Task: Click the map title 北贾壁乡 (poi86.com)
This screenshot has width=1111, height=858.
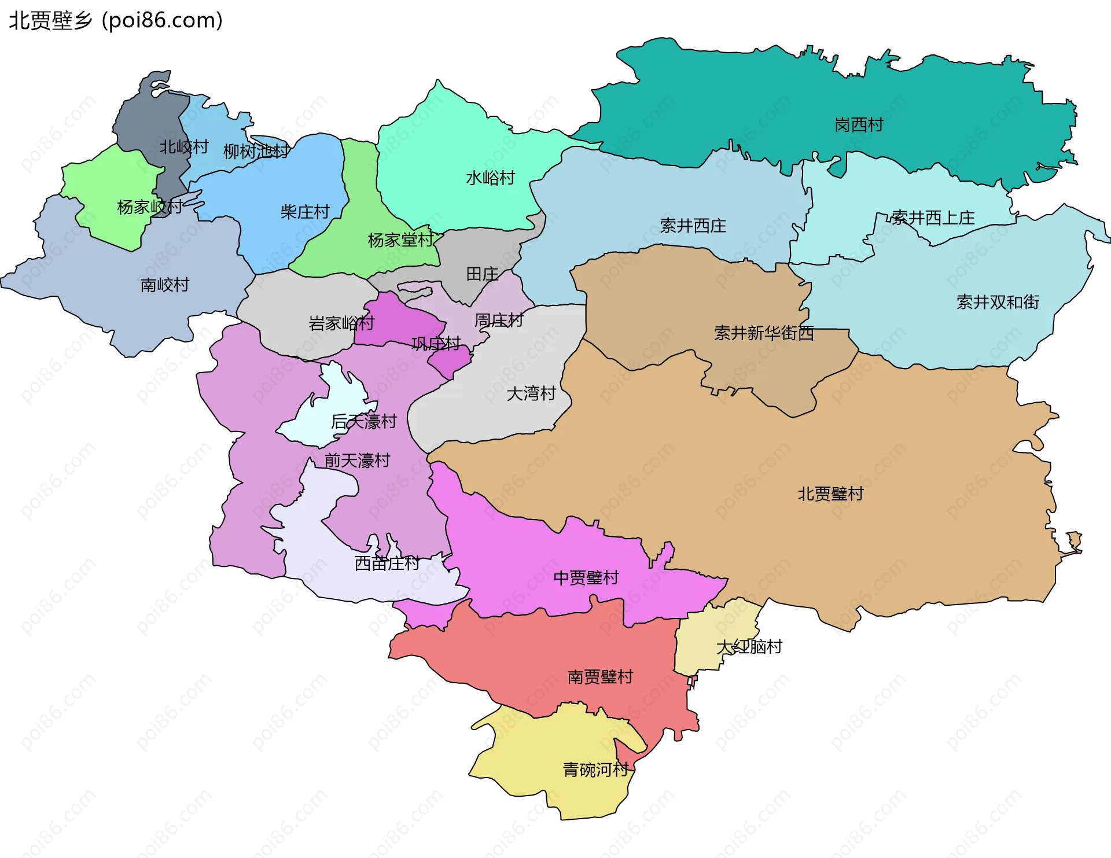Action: pos(116,21)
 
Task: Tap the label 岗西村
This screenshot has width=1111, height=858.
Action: pos(859,125)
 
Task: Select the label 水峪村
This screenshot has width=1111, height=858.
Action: pos(490,178)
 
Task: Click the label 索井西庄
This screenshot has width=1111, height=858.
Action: pos(693,226)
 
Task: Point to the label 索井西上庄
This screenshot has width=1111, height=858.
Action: pos(933,218)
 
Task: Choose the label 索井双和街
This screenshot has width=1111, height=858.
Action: pos(998,302)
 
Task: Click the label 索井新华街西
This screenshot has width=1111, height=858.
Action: pos(763,333)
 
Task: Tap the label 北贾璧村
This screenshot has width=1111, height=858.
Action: pos(830,494)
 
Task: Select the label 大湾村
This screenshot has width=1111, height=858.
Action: pos(531,394)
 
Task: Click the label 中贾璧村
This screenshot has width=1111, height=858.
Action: pos(586,578)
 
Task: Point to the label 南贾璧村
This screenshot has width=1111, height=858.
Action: pos(600,677)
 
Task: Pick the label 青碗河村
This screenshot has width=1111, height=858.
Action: pos(595,770)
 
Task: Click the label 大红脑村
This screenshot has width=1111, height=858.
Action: pos(749,647)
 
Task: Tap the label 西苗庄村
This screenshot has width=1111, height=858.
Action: pos(387,564)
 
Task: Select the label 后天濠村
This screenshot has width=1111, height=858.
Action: pos(363,422)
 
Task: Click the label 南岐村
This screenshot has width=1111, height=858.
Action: pos(164,285)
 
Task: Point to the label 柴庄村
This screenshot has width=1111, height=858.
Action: pos(305,212)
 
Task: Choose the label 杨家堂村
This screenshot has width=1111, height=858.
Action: pos(400,240)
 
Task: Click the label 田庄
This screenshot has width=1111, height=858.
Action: pos(482,274)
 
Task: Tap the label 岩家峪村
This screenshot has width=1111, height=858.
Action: pos(341,323)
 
